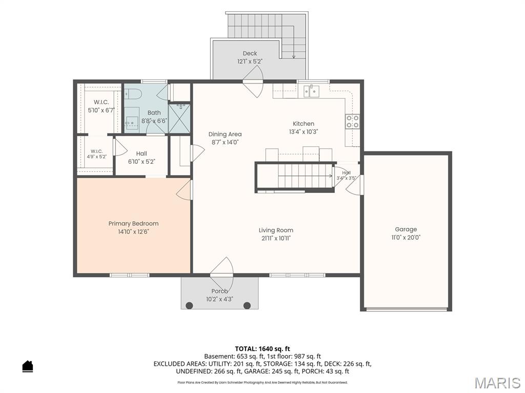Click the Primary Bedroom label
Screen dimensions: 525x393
pyautogui.click(x=133, y=224)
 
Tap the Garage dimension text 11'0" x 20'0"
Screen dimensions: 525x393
pyautogui.click(x=406, y=237)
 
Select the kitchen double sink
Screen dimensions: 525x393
pyautogui.click(x=311, y=91)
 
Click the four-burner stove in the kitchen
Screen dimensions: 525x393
pyautogui.click(x=352, y=121)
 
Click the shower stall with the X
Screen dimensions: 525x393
pyautogui.click(x=179, y=119)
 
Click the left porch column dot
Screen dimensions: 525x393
pyautogui.click(x=190, y=305)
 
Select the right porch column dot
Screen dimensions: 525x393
pyautogui.click(x=247, y=305)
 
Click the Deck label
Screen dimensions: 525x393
pyautogui.click(x=250, y=53)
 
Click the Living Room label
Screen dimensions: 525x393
pyautogui.click(x=276, y=230)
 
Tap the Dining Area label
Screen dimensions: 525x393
pyautogui.click(x=225, y=135)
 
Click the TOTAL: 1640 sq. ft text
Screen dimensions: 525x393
pyautogui.click(x=262, y=349)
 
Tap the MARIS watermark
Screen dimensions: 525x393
pyautogui.click(x=497, y=383)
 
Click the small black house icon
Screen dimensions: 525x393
pyautogui.click(x=28, y=366)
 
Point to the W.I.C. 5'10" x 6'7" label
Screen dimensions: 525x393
pyautogui.click(x=101, y=106)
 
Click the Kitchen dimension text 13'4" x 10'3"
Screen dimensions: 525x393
pyautogui.click(x=304, y=132)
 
